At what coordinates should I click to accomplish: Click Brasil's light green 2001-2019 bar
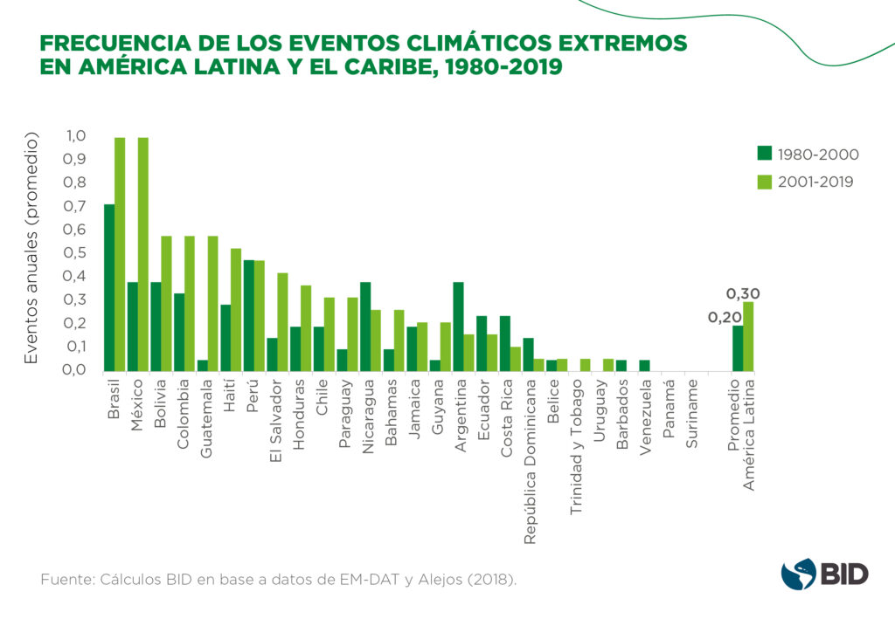(120, 254)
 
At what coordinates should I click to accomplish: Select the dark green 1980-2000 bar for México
(133, 327)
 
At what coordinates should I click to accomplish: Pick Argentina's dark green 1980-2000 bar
(458, 327)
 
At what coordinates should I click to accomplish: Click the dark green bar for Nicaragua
(365, 327)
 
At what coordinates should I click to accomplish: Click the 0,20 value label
(725, 317)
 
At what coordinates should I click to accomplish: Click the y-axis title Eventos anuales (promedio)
(31, 249)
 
